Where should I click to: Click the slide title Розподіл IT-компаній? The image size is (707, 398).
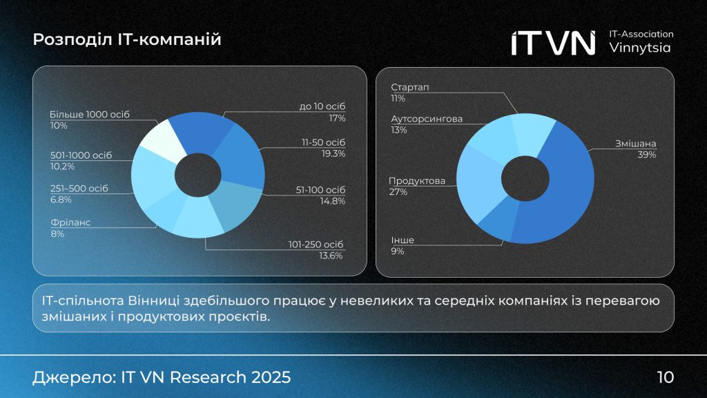tap(127, 40)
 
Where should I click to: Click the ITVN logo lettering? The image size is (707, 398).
tap(553, 43)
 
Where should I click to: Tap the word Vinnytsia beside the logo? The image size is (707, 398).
tap(640, 48)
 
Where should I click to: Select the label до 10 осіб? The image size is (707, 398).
tap(322, 106)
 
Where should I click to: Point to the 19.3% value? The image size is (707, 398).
tap(333, 153)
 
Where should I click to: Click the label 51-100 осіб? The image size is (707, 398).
tap(316, 189)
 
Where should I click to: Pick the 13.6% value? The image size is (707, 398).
tap(333, 256)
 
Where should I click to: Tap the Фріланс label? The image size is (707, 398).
tap(70, 222)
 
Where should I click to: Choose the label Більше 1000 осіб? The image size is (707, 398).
tap(90, 114)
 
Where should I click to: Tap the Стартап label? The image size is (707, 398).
tap(410, 87)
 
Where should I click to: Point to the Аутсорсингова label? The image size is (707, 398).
tap(427, 119)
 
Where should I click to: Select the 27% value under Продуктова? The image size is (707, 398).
tap(398, 192)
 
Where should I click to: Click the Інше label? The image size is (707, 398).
tap(403, 240)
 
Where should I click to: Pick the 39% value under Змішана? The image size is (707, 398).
tap(647, 155)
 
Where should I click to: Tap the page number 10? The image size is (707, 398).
tap(665, 377)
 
